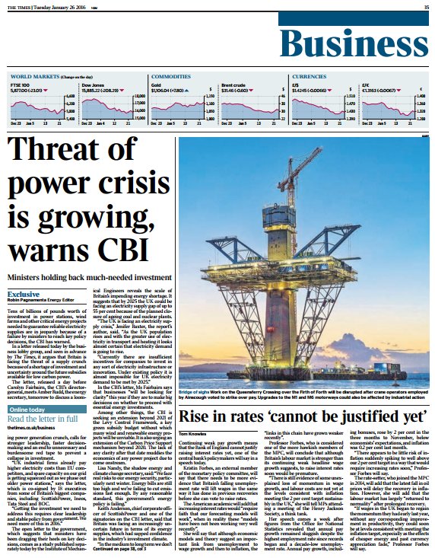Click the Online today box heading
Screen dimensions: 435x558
27,410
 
